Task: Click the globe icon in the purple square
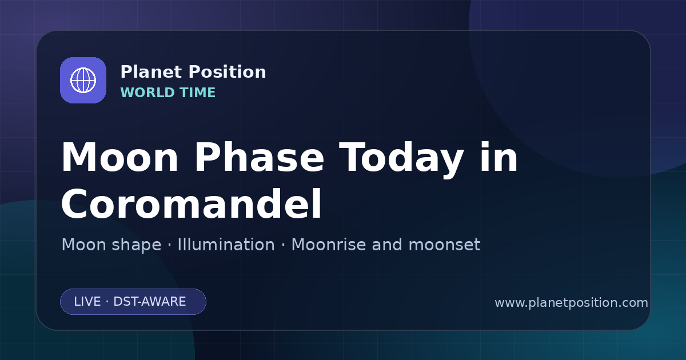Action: pyautogui.click(x=83, y=80)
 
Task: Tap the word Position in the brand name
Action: pyautogui.click(x=228, y=72)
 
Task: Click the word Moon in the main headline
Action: pyautogui.click(x=119, y=158)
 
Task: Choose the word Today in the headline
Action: pyautogui.click(x=401, y=160)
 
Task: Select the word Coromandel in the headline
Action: pyautogui.click(x=192, y=203)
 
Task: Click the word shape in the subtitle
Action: pyautogui.click(x=136, y=245)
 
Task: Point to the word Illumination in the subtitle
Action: pyautogui.click(x=226, y=245)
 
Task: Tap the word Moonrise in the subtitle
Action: pyautogui.click(x=328, y=245)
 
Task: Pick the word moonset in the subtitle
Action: pyautogui.click(x=444, y=245)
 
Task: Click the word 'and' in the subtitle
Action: pyautogui.click(x=387, y=245)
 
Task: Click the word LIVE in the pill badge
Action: pyautogui.click(x=87, y=302)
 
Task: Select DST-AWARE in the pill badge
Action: pyautogui.click(x=149, y=302)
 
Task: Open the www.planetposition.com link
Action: pyautogui.click(x=571, y=303)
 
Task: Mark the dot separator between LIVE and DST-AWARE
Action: pyautogui.click(x=107, y=302)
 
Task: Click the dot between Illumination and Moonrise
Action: pyautogui.click(x=284, y=245)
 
